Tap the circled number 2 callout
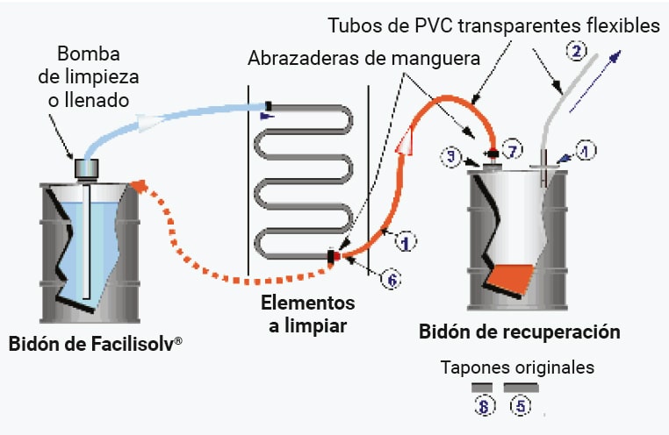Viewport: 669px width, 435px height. coord(577,52)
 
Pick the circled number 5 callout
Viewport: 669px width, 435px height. coord(521,405)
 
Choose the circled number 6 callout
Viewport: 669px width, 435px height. coord(392,279)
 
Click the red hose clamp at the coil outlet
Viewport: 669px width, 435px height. coord(333,256)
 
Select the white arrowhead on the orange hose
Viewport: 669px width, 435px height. coord(406,139)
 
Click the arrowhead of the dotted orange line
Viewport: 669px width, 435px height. coord(136,185)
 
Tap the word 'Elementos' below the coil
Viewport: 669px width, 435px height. coord(307,303)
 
